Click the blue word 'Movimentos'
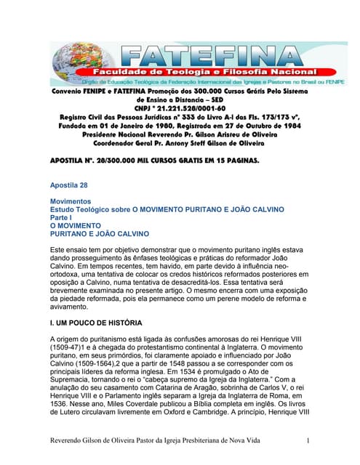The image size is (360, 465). pyautogui.click(x=70, y=200)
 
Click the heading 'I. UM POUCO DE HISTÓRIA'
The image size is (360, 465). pyautogui.click(x=96, y=322)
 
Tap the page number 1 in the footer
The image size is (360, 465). pyautogui.click(x=308, y=441)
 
